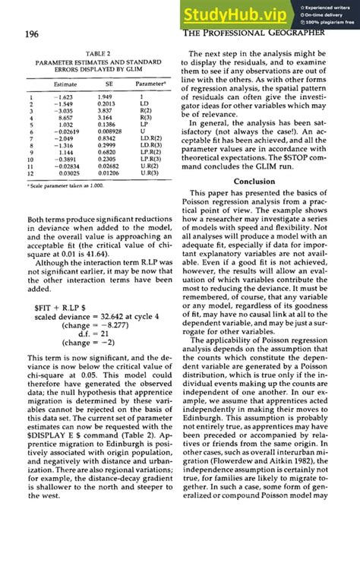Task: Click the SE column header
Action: point(109,84)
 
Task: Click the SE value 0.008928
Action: point(111,132)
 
